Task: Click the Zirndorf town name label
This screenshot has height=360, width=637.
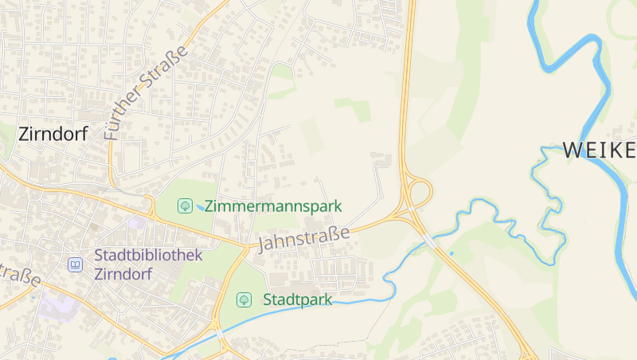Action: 53,134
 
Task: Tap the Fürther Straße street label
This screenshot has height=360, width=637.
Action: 146,93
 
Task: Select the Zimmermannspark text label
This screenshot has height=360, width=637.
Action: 273,206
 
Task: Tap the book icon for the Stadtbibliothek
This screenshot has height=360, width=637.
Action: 75,264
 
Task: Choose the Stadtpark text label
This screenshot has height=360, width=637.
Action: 297,300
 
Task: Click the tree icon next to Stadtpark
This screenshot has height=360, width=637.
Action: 244,300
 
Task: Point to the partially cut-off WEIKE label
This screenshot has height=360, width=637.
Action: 599,150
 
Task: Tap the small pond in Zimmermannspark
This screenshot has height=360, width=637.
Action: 198,208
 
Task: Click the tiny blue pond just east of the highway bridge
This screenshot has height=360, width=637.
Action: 451,253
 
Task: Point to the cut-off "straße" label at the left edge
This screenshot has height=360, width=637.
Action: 19,274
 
